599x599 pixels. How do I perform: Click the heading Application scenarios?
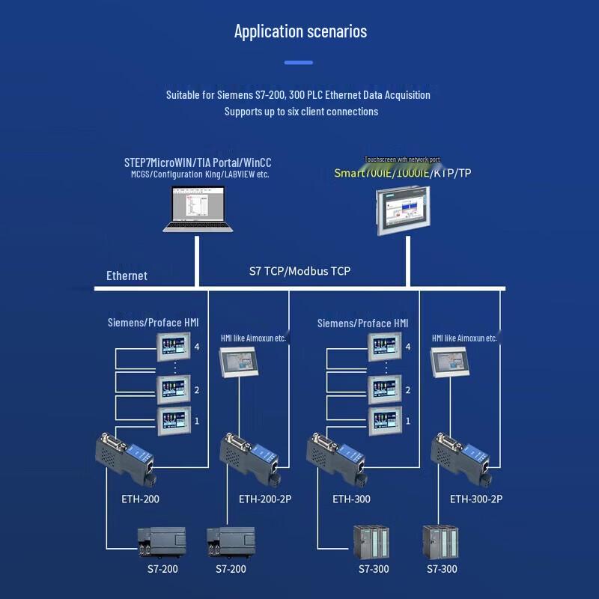300,31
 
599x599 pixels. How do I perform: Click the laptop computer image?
198,209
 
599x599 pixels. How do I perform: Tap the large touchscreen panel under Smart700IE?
404,210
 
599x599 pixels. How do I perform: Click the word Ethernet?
127,276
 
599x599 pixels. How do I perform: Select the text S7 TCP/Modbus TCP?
299,271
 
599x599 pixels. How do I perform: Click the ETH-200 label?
141,499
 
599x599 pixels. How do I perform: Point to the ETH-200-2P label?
265,499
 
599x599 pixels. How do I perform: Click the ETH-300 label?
352,499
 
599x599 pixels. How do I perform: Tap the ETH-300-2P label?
476,499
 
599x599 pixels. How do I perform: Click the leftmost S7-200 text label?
162,569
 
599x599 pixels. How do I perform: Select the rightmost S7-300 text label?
442,569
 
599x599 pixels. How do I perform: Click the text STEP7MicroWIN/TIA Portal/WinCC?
198,162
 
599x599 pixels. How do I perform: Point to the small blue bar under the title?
299,63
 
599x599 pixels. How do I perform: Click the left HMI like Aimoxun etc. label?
253,338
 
